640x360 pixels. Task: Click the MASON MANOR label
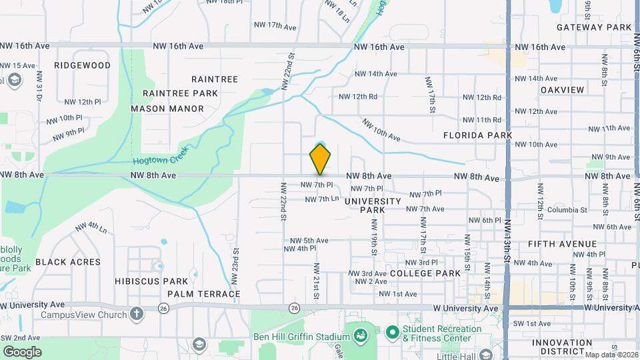pos(167,109)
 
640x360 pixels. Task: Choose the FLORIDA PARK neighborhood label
pos(478,135)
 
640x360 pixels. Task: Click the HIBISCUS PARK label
pos(146,281)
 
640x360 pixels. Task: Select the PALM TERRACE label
pos(204,294)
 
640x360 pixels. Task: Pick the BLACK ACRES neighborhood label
pos(68,262)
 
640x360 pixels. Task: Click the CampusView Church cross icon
pos(137,313)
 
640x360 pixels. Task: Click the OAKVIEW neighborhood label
pos(562,90)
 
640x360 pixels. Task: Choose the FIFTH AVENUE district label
pos(562,244)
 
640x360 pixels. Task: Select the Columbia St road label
pos(567,210)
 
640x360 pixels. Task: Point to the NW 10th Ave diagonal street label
pos(381,130)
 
